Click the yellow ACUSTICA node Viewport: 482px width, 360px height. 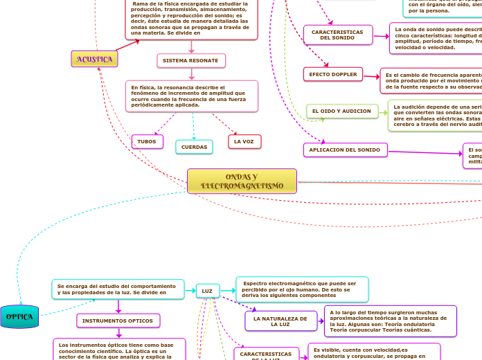[94, 59]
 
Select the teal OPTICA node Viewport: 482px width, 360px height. [20, 316]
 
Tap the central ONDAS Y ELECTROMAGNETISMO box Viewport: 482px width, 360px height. [242, 181]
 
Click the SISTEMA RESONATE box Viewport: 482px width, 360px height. [190, 61]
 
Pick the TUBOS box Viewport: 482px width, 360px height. [147, 141]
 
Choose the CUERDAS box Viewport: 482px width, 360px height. [194, 147]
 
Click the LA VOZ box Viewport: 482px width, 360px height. [244, 141]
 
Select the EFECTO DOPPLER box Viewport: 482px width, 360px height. [333, 74]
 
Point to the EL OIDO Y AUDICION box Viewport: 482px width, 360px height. [342, 111]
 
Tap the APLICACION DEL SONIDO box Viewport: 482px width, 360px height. [345, 150]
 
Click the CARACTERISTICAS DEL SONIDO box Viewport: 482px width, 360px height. [337, 35]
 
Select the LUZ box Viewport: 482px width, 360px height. [207, 291]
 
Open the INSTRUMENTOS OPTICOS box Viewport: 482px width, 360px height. [118, 321]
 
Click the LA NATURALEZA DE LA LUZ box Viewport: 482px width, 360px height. [280, 321]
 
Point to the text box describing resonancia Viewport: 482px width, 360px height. [193, 96]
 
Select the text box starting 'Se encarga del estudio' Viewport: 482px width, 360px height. [118, 289]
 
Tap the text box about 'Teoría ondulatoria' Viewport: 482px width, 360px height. [391, 321]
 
